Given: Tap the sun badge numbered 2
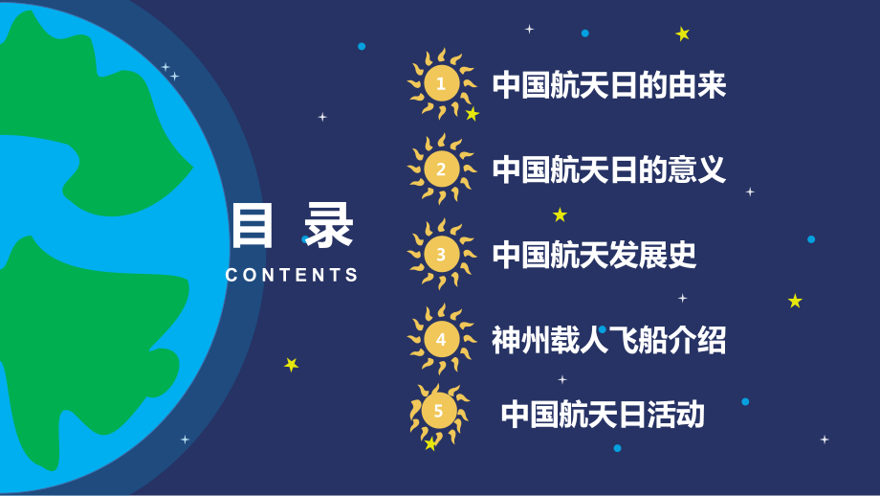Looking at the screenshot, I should coord(440,169).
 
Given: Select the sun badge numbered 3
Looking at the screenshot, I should coord(440,255).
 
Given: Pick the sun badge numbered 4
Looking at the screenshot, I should coord(440,339).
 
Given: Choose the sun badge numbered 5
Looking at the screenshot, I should coord(438,413).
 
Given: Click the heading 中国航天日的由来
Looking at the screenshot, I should coord(609,86).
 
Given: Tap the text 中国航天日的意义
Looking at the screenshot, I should coord(609,170).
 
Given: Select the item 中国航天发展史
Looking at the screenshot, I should coord(595,255).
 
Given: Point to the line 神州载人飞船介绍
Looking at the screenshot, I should coord(609,339).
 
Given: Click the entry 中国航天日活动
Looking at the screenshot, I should coord(603,414).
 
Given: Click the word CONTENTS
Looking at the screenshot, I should coord(292,275).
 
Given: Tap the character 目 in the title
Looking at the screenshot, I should coord(252,228).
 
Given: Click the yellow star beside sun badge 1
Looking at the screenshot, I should coord(472,114).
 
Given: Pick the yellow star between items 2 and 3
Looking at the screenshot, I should coord(560,214).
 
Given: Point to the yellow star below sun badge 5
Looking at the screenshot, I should coord(430,444).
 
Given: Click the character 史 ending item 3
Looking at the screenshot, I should coord(683,255).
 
